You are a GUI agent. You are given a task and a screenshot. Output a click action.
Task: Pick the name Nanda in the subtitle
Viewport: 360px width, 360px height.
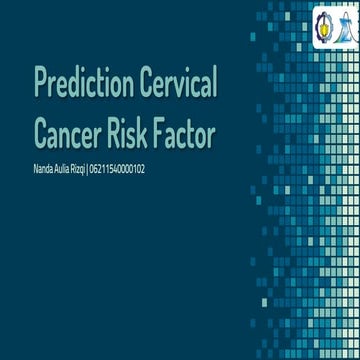pos(44,170)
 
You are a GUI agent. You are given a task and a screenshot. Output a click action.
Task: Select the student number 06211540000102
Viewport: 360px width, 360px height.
pos(117,170)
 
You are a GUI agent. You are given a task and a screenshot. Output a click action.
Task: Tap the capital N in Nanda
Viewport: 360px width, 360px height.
pos(36,170)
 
